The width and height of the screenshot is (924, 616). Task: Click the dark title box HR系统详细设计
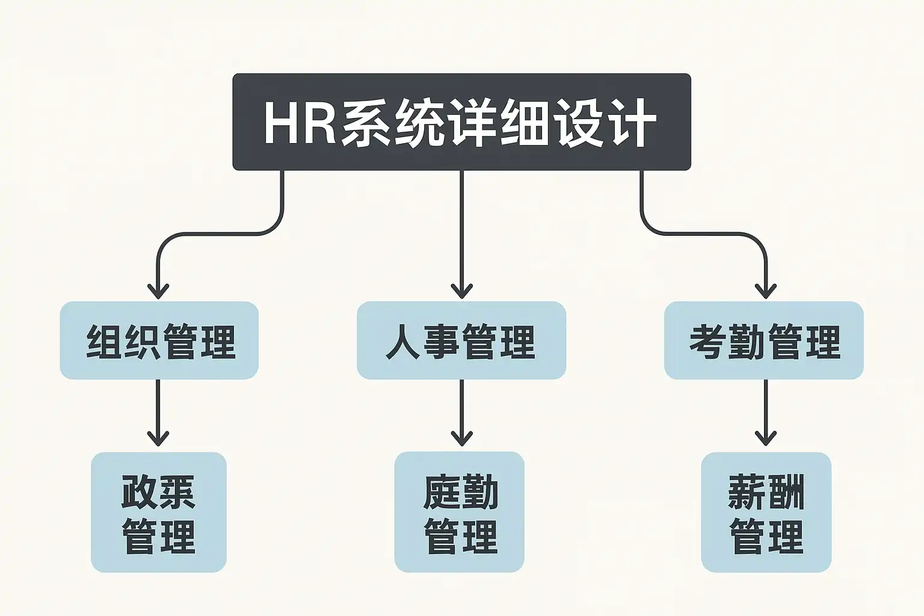(461, 122)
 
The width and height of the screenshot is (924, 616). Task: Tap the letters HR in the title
(299, 123)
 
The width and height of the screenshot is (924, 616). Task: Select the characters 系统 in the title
(393, 123)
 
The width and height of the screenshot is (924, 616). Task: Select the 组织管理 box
(159, 340)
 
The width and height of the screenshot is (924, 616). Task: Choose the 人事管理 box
(461, 340)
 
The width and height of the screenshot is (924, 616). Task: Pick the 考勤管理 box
(764, 340)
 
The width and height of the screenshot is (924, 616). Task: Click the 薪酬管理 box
(766, 512)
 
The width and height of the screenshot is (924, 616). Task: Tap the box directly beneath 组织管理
(159, 512)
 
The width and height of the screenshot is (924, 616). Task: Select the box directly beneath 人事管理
(460, 512)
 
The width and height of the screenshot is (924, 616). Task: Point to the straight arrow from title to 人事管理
(461, 235)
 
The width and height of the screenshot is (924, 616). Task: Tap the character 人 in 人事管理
(402, 342)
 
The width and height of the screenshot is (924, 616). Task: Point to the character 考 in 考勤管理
(707, 342)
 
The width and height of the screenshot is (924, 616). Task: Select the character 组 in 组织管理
(104, 342)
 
